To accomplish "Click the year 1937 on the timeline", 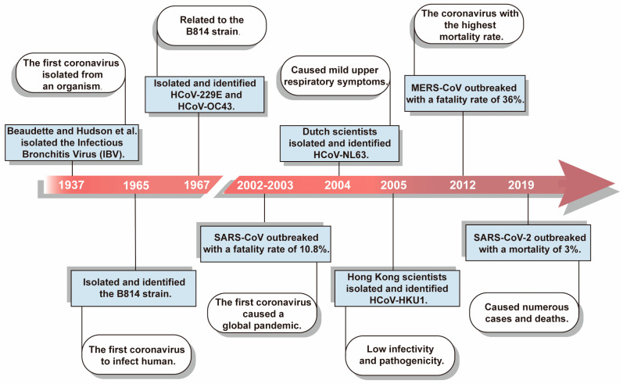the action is tap(71, 185).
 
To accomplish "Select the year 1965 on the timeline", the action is tap(136, 185).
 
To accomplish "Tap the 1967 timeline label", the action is tap(197, 185).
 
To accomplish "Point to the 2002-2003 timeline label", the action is tap(265, 185).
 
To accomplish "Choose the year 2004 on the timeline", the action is tap(338, 185).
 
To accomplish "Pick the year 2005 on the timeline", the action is tap(394, 185).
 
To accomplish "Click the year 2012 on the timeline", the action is tap(463, 185).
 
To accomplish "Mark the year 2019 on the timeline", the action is tap(521, 185).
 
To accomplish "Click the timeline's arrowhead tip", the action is tap(614, 184).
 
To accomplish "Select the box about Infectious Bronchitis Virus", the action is tap(72, 142).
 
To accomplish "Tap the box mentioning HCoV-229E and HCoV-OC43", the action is tap(205, 95).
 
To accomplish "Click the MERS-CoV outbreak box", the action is tap(465, 94).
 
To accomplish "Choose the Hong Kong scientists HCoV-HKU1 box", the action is tap(397, 289).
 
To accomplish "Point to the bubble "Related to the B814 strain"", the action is tap(212, 26).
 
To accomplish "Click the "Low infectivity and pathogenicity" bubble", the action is tap(400, 355).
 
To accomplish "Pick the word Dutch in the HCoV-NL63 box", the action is tap(317, 131).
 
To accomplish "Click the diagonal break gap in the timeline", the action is tap(224, 185).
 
